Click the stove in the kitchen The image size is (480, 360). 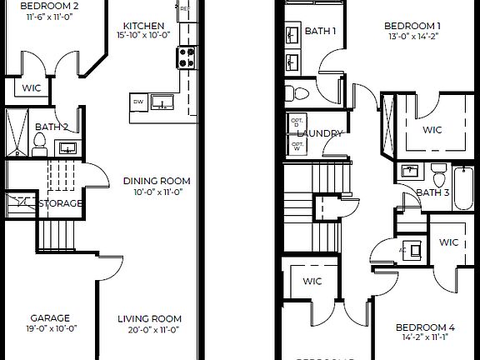(x=185, y=57)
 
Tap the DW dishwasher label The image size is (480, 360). (x=137, y=102)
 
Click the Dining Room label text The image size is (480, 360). (x=157, y=181)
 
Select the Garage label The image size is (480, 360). (x=50, y=317)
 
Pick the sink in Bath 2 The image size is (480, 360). (x=67, y=148)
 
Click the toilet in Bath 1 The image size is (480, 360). (x=300, y=92)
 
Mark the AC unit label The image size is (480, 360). (x=402, y=249)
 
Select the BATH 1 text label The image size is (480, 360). (x=321, y=32)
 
